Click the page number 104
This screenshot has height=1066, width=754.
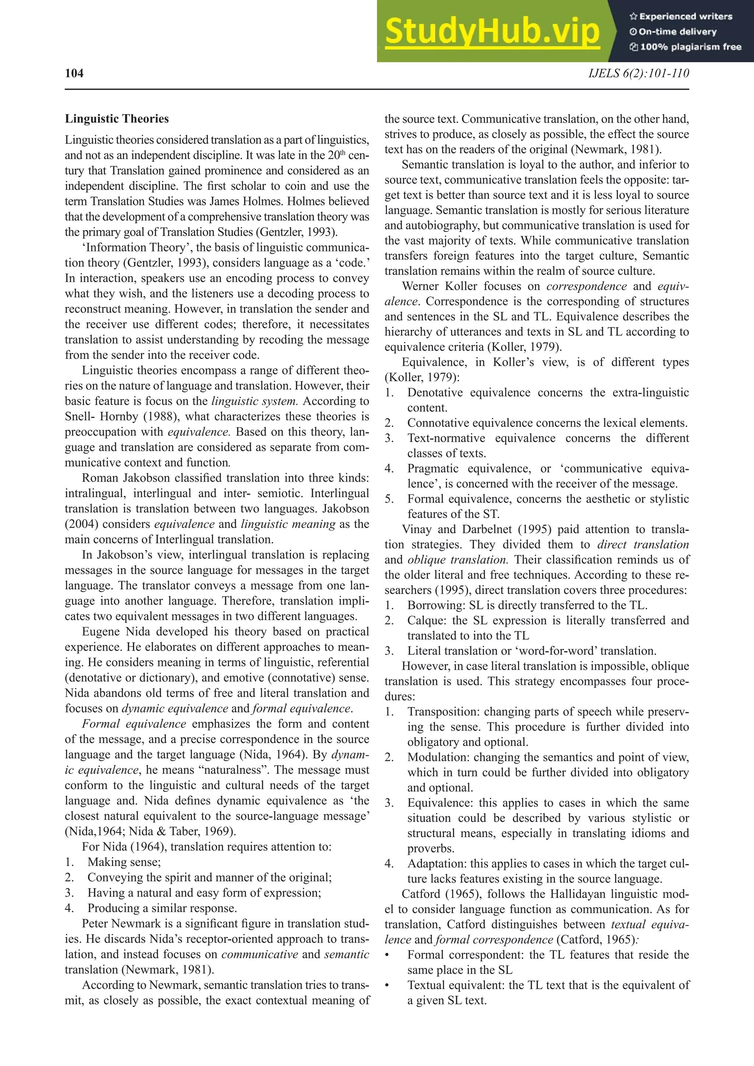[x=74, y=73]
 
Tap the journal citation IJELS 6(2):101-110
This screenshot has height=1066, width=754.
[x=638, y=73]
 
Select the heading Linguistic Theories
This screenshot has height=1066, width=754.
[x=117, y=119]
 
